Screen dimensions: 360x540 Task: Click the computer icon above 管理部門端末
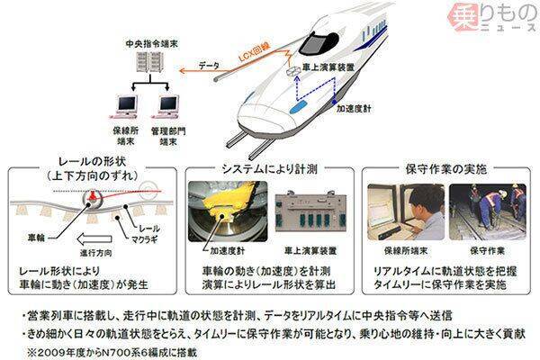coord(167,103)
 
